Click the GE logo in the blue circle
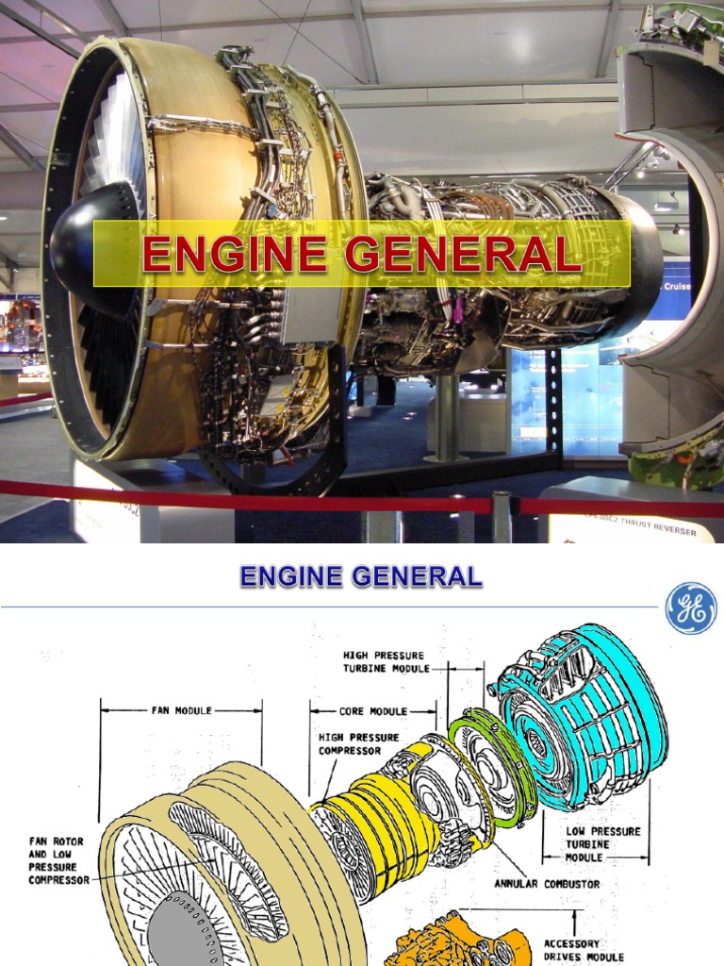(x=691, y=608)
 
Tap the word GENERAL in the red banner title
(x=460, y=255)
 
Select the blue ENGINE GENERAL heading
(x=361, y=575)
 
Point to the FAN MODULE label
(x=181, y=709)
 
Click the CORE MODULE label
(x=373, y=710)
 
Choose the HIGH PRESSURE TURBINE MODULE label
(x=384, y=661)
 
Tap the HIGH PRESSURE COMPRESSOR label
(x=358, y=743)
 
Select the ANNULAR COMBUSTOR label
(x=547, y=884)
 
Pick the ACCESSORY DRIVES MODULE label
(x=584, y=950)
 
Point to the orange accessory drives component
(x=452, y=943)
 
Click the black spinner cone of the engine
(x=90, y=236)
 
